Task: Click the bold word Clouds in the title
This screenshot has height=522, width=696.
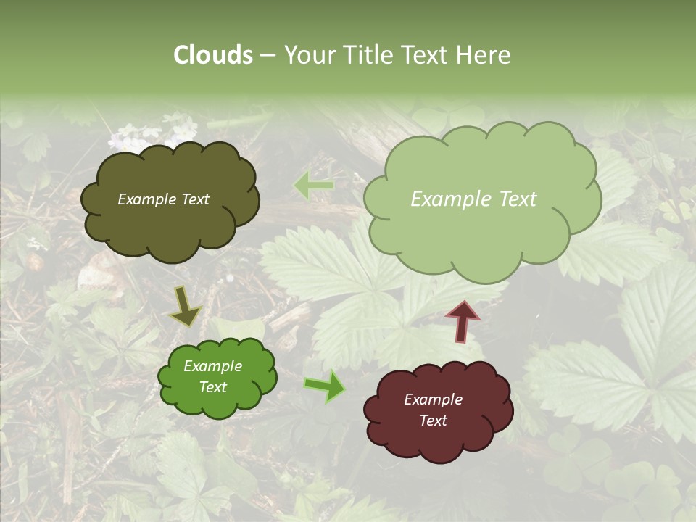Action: (213, 55)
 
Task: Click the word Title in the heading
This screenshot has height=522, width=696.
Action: (369, 55)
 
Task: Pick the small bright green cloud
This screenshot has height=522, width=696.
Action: (217, 377)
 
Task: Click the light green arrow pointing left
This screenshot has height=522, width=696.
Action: (313, 186)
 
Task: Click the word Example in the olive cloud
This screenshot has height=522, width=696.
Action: (144, 199)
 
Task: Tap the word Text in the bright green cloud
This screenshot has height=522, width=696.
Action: (213, 387)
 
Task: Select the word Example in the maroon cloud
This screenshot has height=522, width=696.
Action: (433, 399)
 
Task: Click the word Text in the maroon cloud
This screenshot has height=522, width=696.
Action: (433, 420)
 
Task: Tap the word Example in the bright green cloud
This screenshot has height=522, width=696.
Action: (213, 366)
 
